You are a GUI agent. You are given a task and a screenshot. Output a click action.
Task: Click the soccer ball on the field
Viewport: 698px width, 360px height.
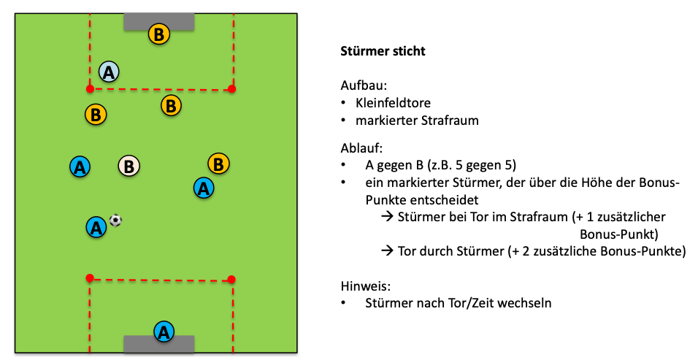click(x=115, y=220)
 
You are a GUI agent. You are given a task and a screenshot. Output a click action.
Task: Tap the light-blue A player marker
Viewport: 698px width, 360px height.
click(x=109, y=72)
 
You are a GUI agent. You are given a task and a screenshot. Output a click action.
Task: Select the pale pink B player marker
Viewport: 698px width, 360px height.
click(x=129, y=166)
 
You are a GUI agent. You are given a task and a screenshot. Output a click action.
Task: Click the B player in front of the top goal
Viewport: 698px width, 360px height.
click(x=158, y=33)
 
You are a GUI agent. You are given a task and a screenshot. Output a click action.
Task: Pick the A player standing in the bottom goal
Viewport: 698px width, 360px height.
click(x=164, y=332)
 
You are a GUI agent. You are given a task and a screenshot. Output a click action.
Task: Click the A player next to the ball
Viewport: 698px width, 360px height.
click(x=95, y=227)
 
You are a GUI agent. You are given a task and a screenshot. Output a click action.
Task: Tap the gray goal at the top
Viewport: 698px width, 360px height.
click(x=159, y=21)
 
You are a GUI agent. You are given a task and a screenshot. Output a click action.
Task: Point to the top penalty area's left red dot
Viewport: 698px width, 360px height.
click(x=90, y=89)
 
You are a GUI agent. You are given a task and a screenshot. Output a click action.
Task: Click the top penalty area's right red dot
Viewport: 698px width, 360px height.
click(x=232, y=89)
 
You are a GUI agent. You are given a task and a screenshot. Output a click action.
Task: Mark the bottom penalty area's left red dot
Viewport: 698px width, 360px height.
click(x=90, y=277)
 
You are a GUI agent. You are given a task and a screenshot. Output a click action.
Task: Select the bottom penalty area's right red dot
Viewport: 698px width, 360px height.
click(x=231, y=278)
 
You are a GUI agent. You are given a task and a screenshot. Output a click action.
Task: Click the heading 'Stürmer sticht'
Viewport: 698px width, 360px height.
click(x=383, y=52)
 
